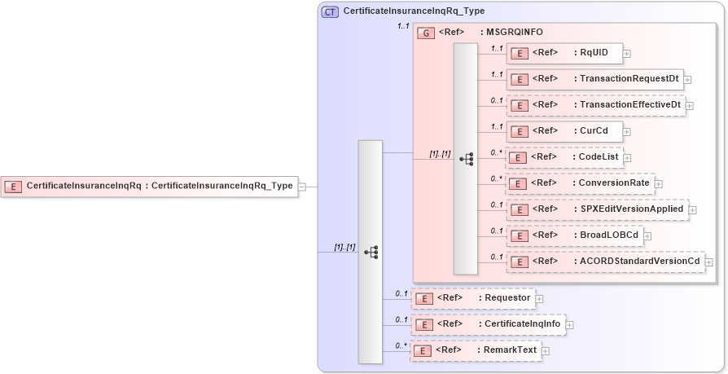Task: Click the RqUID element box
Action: point(564,54)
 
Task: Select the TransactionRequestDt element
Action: point(594,79)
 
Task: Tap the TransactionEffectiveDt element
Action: point(595,105)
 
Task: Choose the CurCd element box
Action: point(564,130)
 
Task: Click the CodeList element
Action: point(564,156)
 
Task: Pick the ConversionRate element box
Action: point(580,183)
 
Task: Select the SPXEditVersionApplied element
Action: point(597,209)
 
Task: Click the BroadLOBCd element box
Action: point(574,235)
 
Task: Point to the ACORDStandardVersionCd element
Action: point(605,262)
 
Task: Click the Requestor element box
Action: point(473,298)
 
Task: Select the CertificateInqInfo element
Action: point(488,324)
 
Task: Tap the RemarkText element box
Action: point(475,350)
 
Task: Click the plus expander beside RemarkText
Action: point(546,351)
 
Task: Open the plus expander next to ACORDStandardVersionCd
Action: point(709,262)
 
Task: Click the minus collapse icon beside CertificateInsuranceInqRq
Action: point(302,187)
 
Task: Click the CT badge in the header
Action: point(331,11)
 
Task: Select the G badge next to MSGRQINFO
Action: point(425,33)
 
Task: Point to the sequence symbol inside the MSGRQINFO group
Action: point(466,159)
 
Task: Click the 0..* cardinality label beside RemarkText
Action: point(401,345)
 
